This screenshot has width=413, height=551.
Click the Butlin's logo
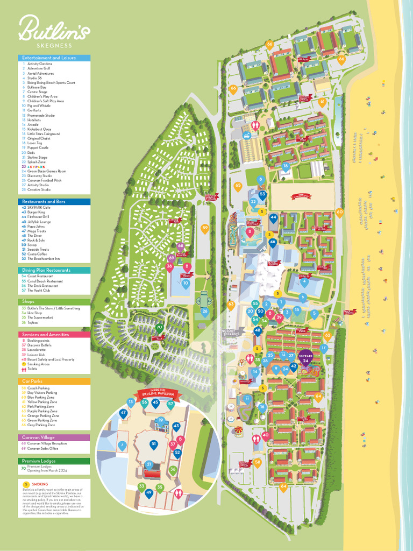pyautogui.click(x=54, y=30)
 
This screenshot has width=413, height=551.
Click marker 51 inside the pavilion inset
pyautogui.click(x=153, y=444)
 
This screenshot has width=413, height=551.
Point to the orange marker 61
pyautogui.click(x=322, y=101)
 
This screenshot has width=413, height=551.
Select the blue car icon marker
pyautogui.click(x=246, y=136)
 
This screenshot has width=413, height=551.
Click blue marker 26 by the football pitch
pyautogui.click(x=204, y=311)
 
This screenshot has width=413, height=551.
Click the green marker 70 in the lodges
pyautogui.click(x=159, y=327)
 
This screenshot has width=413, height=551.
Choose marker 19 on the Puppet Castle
pyautogui.click(x=160, y=420)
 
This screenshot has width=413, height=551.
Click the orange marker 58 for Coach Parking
pyautogui.click(x=258, y=462)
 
